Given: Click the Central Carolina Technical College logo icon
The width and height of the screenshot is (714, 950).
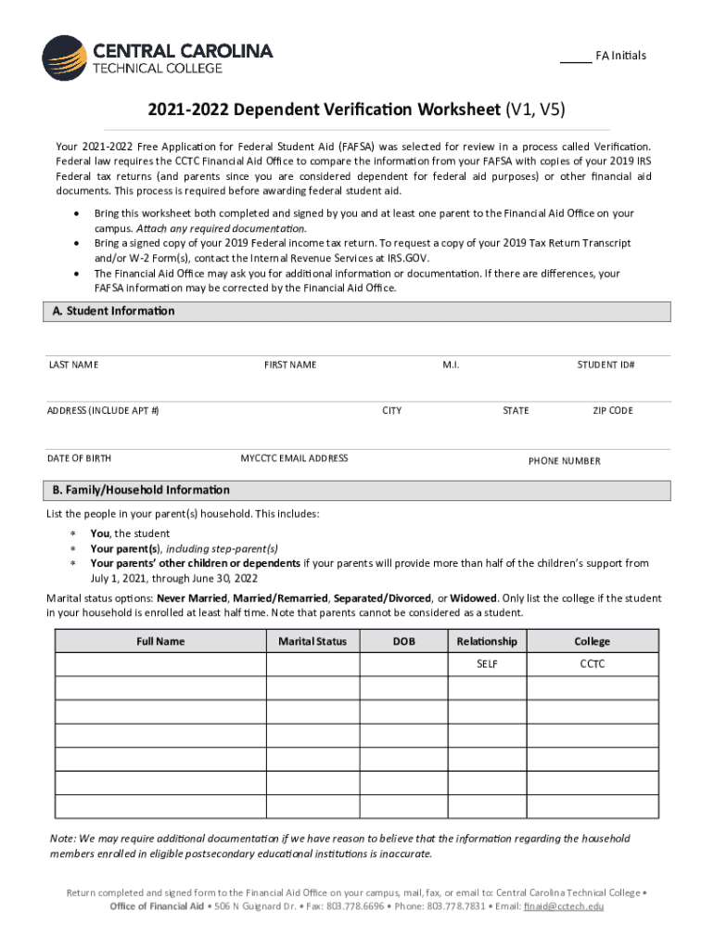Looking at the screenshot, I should [64, 58].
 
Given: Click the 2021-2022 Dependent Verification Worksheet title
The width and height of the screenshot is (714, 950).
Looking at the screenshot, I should [356, 111].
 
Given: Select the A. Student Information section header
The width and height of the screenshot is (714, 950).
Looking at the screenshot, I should [109, 312].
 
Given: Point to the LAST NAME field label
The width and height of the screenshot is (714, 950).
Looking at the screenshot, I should [73, 365].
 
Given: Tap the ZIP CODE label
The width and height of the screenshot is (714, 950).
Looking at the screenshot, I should [613, 410].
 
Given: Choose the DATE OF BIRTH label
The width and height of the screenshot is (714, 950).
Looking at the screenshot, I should [79, 457].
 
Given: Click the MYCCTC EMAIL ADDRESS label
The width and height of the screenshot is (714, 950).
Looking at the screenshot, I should [294, 457].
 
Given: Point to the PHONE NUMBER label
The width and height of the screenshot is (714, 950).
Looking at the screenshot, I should [564, 461].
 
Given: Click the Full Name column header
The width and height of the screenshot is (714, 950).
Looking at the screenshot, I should [160, 641].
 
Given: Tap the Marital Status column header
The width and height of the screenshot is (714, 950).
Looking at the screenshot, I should [312, 641].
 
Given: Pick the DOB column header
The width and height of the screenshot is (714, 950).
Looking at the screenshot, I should [403, 641].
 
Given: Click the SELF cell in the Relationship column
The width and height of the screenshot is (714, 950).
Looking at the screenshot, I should [487, 664].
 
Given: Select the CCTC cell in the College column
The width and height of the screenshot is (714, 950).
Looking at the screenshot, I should [592, 664].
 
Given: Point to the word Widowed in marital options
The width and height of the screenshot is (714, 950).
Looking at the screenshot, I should [474, 598].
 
